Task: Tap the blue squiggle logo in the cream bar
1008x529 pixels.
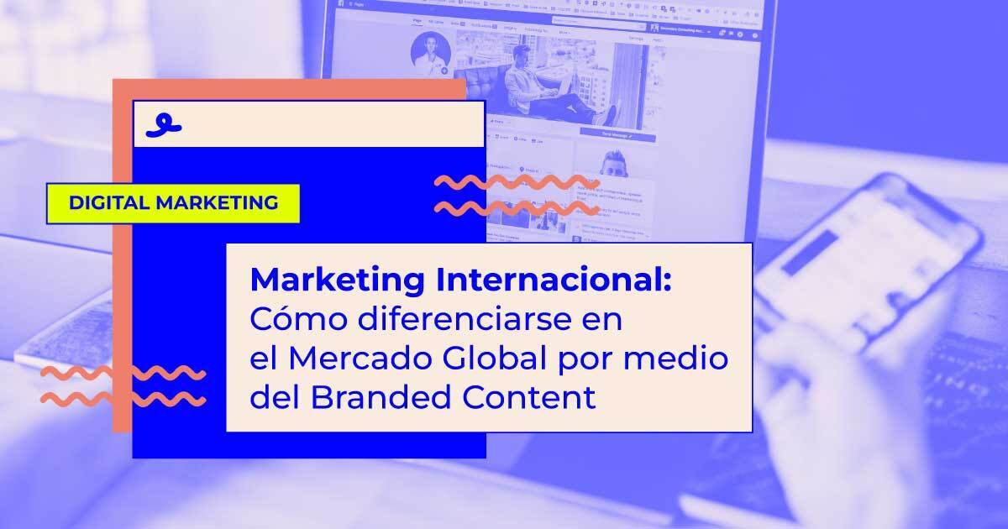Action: tap(163, 124)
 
